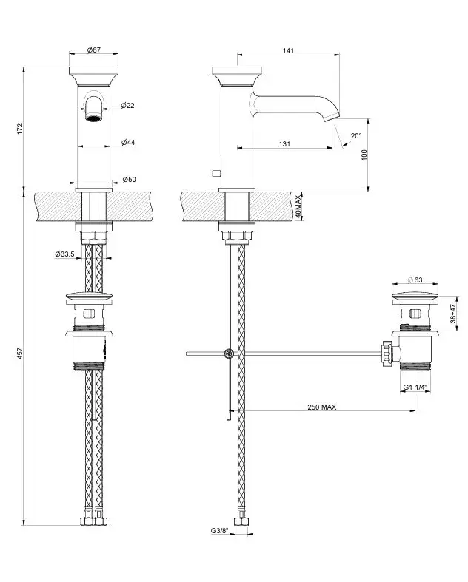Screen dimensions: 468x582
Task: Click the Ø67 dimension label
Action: click(94, 50)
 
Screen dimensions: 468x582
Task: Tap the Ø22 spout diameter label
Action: click(127, 106)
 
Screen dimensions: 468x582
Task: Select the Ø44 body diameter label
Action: click(128, 142)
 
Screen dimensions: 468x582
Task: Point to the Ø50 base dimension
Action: click(130, 179)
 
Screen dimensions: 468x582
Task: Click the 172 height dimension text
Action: click(21, 129)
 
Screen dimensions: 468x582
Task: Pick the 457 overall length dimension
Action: click(21, 353)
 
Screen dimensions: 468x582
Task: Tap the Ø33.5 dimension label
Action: click(64, 254)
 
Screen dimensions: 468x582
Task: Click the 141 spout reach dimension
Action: click(289, 50)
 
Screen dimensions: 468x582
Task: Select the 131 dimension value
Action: click(284, 143)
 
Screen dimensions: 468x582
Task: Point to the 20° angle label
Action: click(355, 135)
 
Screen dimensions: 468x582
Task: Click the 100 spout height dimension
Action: click(364, 155)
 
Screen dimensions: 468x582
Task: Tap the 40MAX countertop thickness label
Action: click(299, 207)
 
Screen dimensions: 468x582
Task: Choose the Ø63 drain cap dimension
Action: click(415, 280)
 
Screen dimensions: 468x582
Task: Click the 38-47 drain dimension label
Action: click(452, 314)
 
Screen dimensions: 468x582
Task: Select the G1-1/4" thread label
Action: click(415, 388)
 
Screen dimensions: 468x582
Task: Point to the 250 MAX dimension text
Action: click(322, 407)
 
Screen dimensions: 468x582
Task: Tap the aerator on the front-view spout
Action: click(94, 118)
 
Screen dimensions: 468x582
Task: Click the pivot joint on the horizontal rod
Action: click(229, 354)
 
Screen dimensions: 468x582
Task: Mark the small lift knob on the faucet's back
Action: click(216, 173)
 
